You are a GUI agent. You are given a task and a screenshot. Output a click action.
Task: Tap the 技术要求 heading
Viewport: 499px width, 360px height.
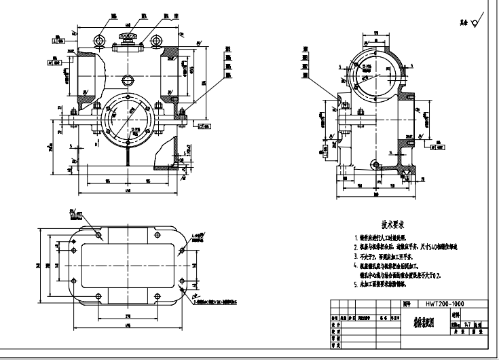click(x=393, y=223)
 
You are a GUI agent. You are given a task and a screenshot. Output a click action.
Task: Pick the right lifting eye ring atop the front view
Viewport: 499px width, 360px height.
click(x=157, y=42)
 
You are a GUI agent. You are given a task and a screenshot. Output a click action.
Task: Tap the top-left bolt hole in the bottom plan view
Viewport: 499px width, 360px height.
click(x=99, y=234)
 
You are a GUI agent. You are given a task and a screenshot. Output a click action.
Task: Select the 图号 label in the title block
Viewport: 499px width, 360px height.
click(x=406, y=305)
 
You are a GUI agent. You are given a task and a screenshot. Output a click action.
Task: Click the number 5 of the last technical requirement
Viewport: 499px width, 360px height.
click(x=356, y=285)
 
